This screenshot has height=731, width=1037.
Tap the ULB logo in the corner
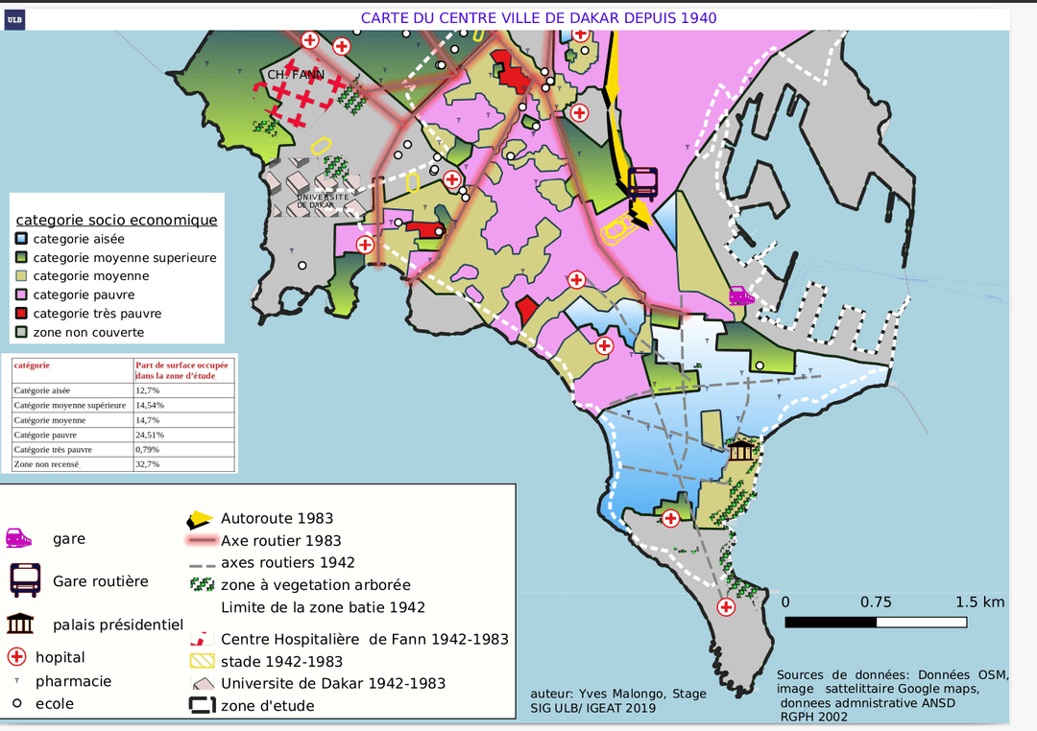tap(14, 17)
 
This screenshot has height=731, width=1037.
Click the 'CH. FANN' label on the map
tap(295, 75)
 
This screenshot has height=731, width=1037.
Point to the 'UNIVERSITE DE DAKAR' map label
tap(317, 200)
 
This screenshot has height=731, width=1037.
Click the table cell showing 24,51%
tap(149, 435)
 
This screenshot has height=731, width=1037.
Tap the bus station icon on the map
tap(643, 182)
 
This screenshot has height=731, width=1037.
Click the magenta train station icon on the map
tap(740, 295)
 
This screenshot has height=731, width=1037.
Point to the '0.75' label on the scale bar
tap(876, 602)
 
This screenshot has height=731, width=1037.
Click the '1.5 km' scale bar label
tap(979, 602)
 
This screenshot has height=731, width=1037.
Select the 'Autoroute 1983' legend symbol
tap(199, 519)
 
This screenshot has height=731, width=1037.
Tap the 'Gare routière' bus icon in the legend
tap(25, 580)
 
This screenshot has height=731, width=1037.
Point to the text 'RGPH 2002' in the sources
tap(813, 716)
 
